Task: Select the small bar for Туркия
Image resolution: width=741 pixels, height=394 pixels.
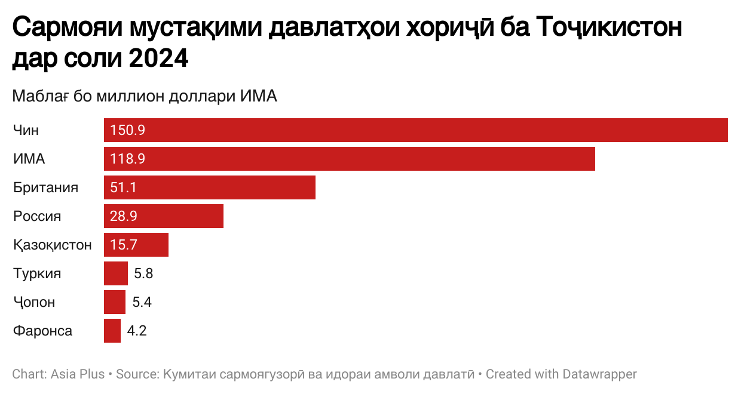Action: (x=116, y=273)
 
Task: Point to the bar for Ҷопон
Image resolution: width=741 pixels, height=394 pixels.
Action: (x=115, y=302)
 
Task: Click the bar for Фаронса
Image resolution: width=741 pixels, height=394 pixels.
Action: (x=112, y=331)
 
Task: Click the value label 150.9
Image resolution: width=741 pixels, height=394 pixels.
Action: (x=128, y=130)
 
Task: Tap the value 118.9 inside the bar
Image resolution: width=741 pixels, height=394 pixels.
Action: (x=128, y=159)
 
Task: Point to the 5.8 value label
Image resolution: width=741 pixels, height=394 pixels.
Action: (x=143, y=273)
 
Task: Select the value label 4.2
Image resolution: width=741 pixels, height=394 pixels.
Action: (x=136, y=331)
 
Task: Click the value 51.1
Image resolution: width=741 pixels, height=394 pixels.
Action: (x=124, y=187)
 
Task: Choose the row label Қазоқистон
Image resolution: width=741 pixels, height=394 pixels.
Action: (x=53, y=245)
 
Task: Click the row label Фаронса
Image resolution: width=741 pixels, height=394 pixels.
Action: (x=43, y=331)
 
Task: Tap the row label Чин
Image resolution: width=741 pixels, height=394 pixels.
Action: (x=26, y=130)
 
